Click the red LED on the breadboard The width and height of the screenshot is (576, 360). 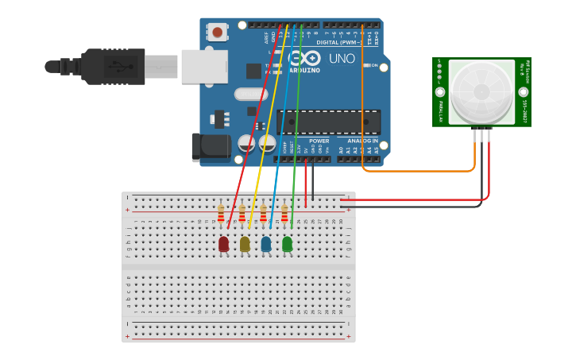click(224, 243)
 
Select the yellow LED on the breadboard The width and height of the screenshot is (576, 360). click(245, 243)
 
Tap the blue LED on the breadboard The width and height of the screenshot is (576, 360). click(266, 243)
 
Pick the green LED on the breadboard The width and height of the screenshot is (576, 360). click(287, 243)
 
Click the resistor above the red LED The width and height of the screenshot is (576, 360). click(221, 215)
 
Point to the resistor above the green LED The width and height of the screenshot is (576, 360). click(284, 215)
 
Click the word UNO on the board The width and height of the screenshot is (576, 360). click(342, 59)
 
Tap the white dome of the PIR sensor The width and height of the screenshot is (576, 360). click(481, 91)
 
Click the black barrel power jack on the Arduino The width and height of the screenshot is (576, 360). click(208, 147)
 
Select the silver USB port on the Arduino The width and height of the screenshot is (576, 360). click(204, 67)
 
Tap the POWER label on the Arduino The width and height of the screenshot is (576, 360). click(319, 141)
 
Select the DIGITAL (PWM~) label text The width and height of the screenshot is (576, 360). click(339, 42)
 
